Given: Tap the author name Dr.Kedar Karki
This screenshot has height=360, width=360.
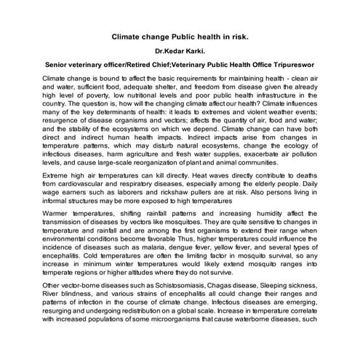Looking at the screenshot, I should [x=180, y=52].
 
